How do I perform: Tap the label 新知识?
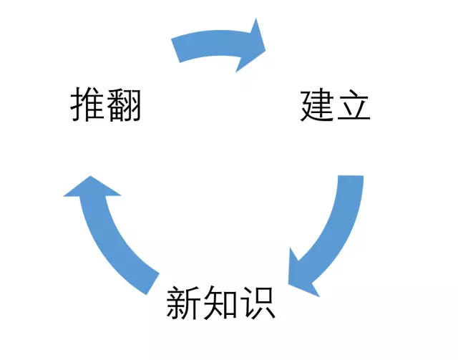(x=221, y=303)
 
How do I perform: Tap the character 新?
(x=184, y=303)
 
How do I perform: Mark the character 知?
(x=220, y=303)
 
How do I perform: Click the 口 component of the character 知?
(x=230, y=306)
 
